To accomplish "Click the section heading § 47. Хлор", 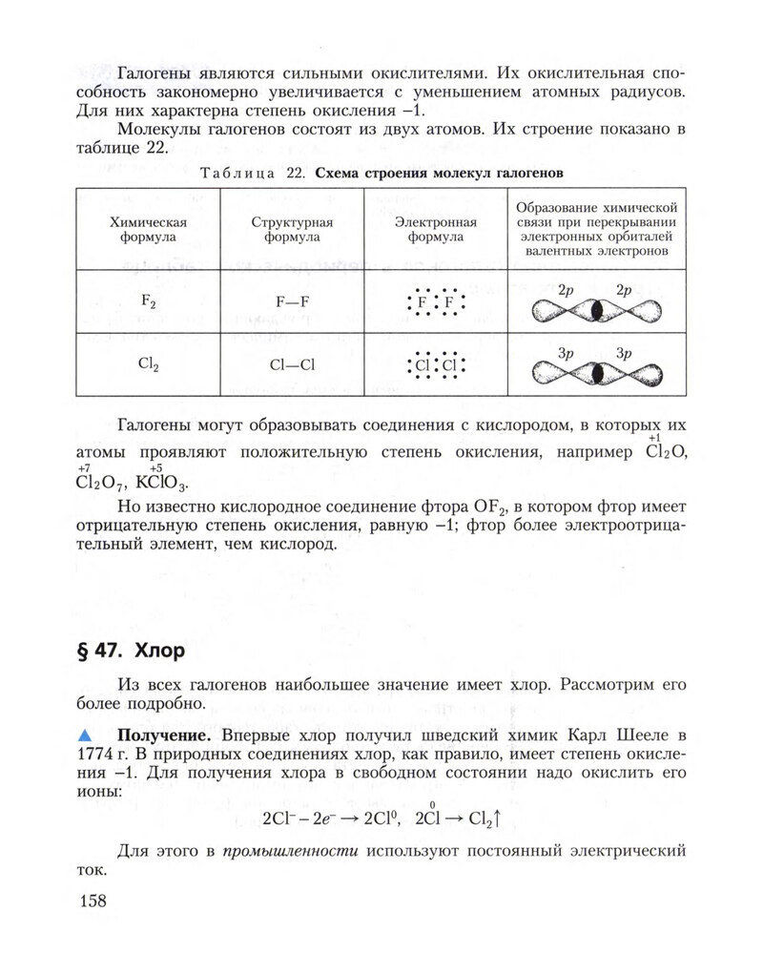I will [129, 652].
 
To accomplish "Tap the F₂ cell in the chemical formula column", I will [148, 301].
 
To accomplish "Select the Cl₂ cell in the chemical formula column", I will [148, 363].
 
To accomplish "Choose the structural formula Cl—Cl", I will [292, 364].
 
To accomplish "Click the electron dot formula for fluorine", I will [435, 304].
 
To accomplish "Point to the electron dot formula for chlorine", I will [435, 365].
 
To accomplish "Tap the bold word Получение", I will [158, 735].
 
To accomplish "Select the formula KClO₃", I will [162, 480].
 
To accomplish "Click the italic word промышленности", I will [289, 851].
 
